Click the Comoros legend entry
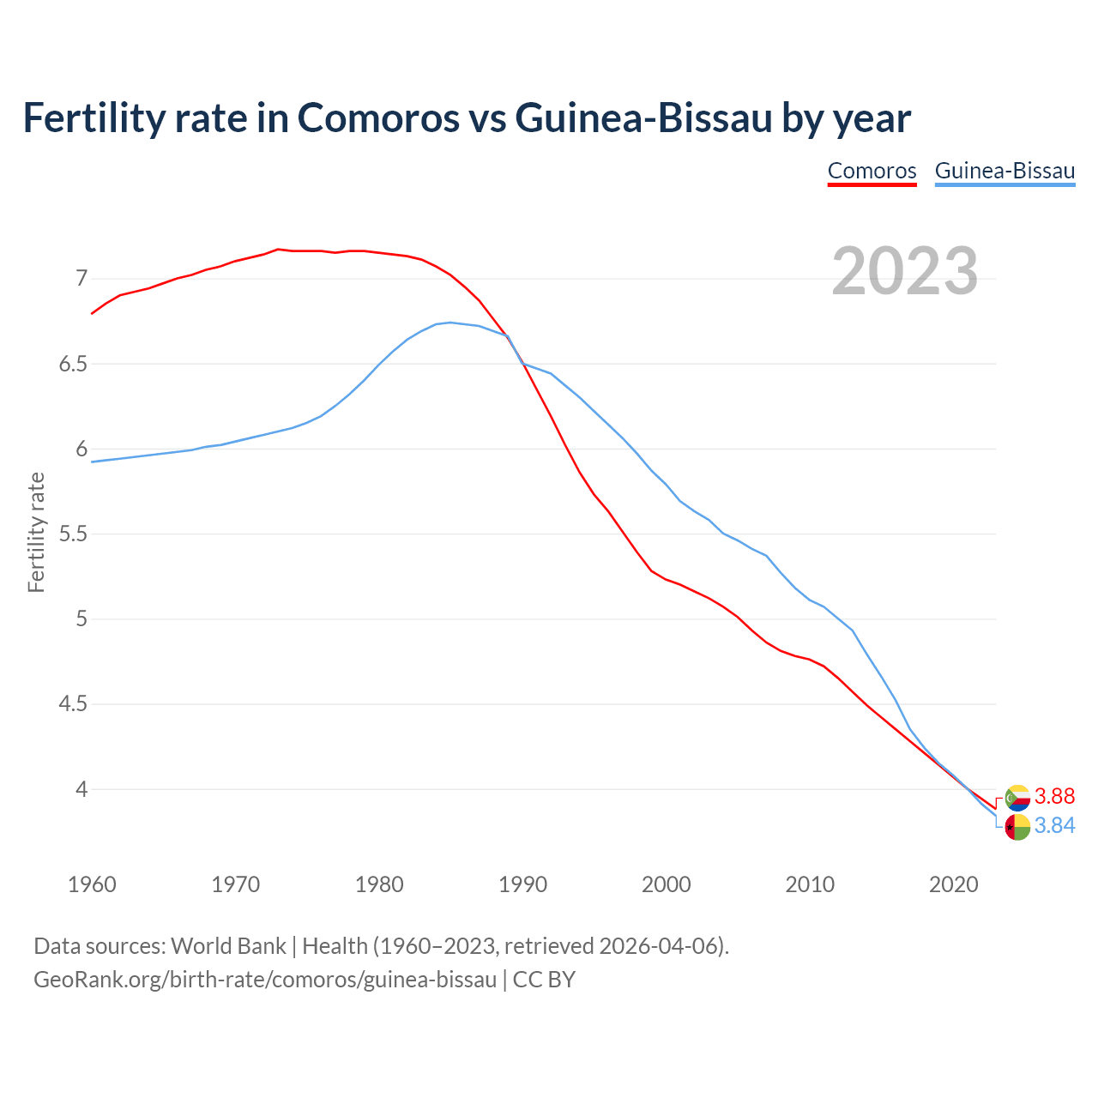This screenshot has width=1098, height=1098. click(x=872, y=171)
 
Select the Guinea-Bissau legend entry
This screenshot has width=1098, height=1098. click(x=1004, y=171)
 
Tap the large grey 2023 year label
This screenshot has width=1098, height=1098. click(x=905, y=271)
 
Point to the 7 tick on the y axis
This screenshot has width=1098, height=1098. click(x=81, y=278)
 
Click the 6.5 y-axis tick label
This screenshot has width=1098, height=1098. click(x=73, y=364)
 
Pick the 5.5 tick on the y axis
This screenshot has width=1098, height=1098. click(x=73, y=534)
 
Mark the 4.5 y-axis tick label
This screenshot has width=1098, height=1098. click(x=73, y=704)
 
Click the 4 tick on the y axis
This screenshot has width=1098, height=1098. click(x=81, y=789)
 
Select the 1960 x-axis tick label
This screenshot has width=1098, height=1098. click(x=92, y=884)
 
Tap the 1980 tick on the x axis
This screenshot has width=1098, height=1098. click(x=379, y=884)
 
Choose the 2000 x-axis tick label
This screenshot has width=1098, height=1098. click(x=667, y=884)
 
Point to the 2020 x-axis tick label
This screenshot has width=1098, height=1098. click(x=954, y=884)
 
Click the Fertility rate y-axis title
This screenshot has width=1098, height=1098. click(x=36, y=532)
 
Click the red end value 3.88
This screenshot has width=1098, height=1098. click(x=1054, y=796)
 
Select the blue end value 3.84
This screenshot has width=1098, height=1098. click(x=1054, y=825)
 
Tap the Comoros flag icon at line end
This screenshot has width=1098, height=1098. click(x=1017, y=798)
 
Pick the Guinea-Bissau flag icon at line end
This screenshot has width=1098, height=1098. click(x=1017, y=827)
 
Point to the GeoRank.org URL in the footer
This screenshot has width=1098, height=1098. click(x=265, y=979)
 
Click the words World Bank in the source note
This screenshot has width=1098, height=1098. click(x=228, y=946)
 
